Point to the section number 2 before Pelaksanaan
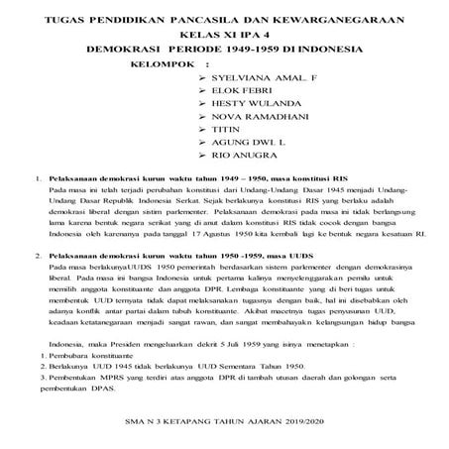(x=37, y=255)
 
